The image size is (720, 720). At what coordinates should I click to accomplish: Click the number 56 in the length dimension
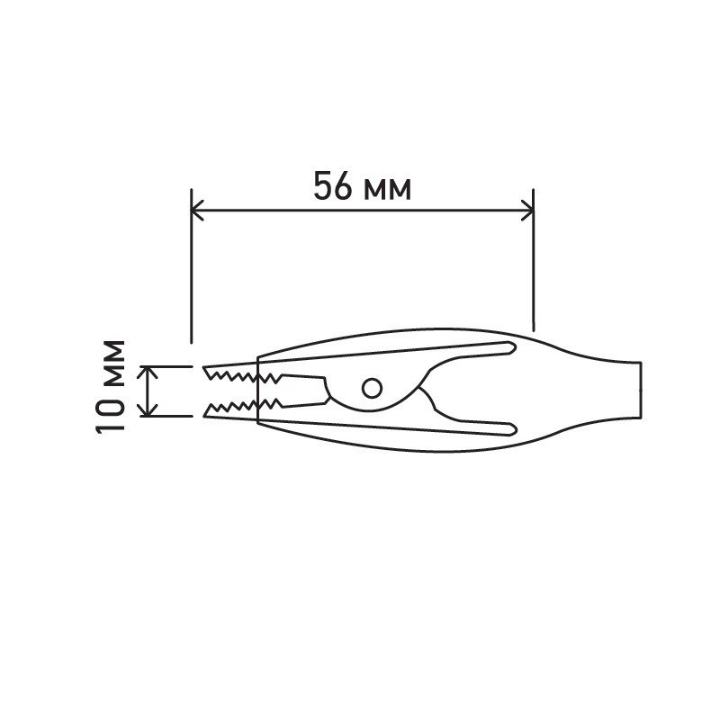click(x=333, y=185)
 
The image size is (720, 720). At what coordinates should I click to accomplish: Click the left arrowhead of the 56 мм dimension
click(x=197, y=211)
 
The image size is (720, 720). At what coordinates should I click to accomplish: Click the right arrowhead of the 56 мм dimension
click(x=527, y=211)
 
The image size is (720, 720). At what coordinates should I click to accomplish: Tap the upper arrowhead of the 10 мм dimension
click(x=148, y=372)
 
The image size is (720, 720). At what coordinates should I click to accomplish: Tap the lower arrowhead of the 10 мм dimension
click(x=148, y=410)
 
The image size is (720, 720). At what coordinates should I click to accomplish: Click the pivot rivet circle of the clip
click(x=372, y=388)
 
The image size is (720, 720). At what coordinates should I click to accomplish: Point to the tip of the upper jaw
click(x=204, y=367)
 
